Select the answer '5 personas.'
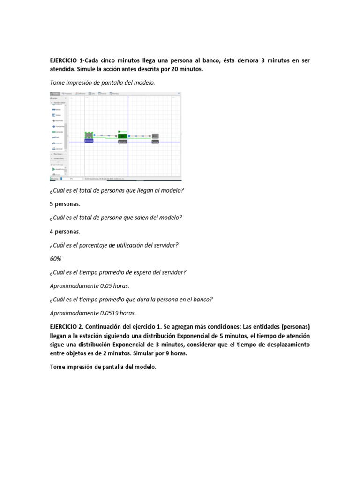point(65,204)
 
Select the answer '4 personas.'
point(65,231)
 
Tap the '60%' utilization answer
point(55,258)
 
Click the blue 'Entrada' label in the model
point(89,141)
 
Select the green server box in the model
point(122,135)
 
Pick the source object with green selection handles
point(89,135)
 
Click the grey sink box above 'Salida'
point(155,136)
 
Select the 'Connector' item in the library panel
point(59,132)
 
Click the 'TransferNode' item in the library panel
point(59,126)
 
